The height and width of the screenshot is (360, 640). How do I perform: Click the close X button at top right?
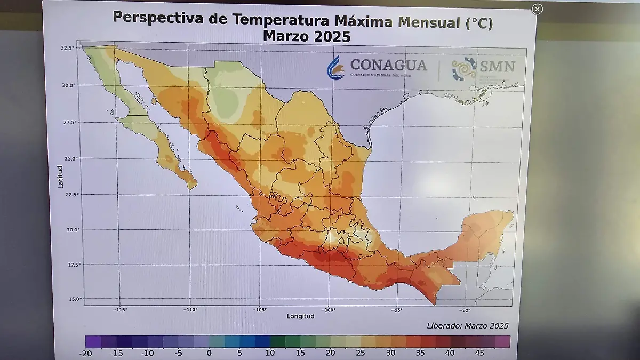[538, 9]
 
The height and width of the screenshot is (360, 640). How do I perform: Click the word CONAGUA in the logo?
[388, 66]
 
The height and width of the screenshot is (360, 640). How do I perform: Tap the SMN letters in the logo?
[497, 66]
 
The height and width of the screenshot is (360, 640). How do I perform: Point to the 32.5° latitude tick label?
[67, 48]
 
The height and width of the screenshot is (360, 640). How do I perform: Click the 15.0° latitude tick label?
[76, 299]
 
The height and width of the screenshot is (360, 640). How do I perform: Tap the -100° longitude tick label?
[328, 309]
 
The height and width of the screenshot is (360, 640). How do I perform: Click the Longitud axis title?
[300, 316]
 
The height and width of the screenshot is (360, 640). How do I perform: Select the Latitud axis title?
[61, 177]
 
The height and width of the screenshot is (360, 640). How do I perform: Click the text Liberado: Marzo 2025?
[467, 326]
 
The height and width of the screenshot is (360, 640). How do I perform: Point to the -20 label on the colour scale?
[85, 353]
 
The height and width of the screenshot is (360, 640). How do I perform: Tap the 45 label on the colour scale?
[479, 353]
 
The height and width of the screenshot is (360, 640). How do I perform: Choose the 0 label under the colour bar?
[209, 353]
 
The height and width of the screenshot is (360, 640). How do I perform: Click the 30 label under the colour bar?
[390, 353]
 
